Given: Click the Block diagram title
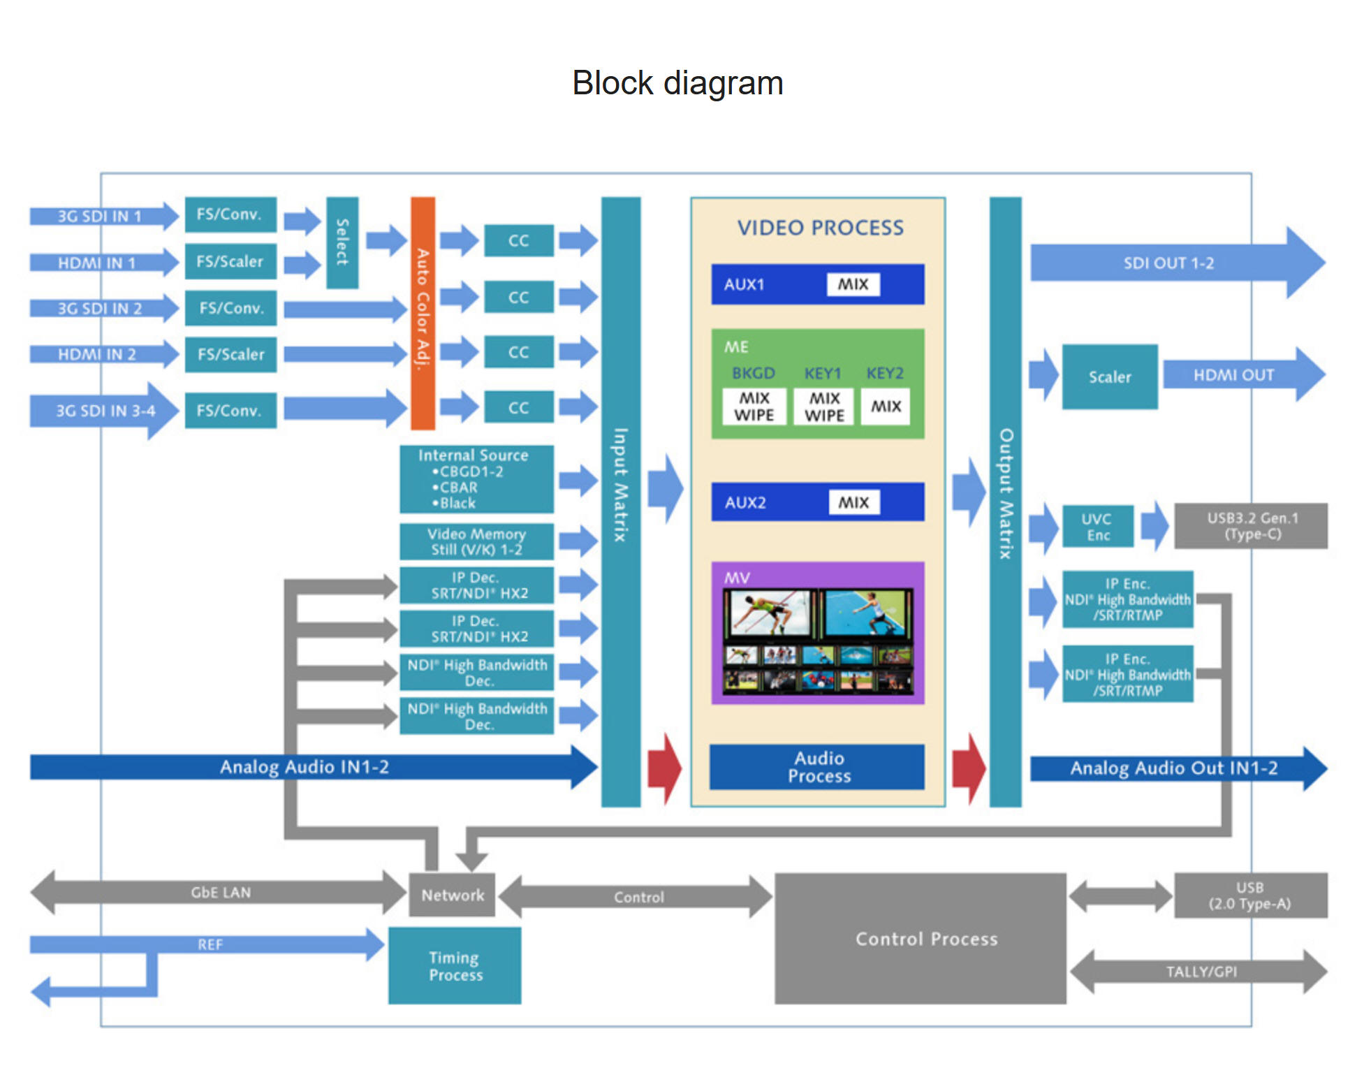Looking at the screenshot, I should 677,83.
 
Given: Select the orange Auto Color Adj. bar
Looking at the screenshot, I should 423,312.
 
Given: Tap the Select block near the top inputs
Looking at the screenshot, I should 342,242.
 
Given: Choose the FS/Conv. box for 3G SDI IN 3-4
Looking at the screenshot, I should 230,410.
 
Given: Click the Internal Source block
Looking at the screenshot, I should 476,479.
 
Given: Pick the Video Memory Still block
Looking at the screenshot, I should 476,541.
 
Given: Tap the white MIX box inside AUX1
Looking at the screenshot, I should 853,284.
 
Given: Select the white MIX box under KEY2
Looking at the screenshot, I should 886,406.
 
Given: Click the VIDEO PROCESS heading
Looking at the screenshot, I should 820,228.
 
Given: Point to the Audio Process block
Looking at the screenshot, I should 817,767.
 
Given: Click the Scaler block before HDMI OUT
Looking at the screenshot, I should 1109,377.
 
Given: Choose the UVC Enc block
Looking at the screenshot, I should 1097,527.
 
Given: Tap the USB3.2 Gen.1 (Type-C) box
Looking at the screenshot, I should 1251,526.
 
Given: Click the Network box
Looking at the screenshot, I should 452,895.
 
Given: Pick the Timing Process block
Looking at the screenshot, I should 455,965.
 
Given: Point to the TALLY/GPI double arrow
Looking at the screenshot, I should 1199,972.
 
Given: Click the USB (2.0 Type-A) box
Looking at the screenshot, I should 1250,895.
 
